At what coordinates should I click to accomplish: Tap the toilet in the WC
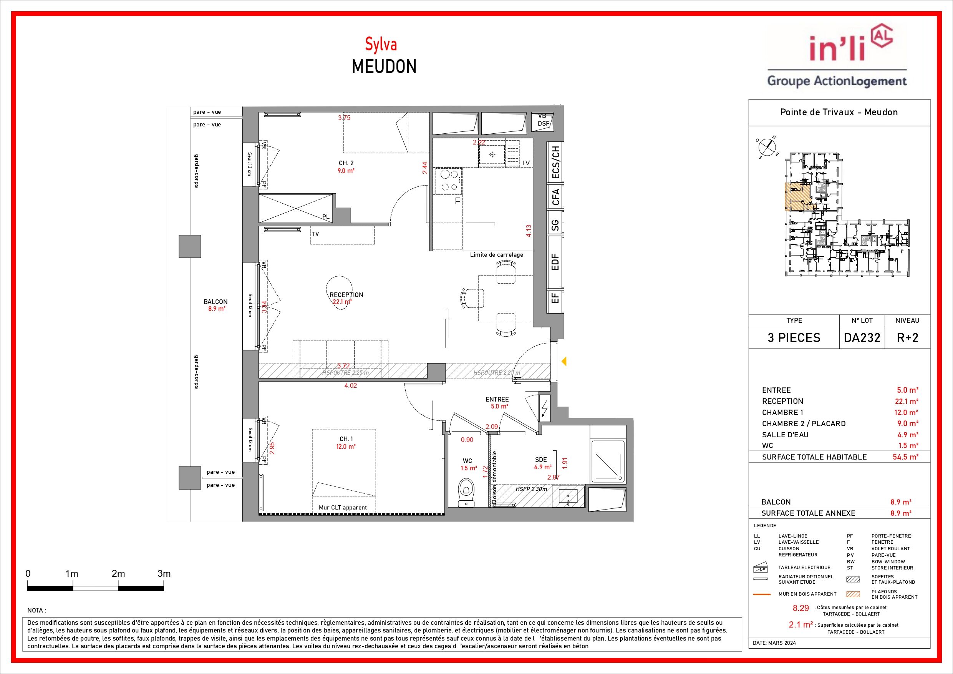pos(467,493)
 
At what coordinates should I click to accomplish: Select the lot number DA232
pos(862,338)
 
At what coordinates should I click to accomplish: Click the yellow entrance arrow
pos(564,361)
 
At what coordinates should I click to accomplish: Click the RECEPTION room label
pos(346,295)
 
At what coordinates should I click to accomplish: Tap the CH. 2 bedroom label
pos(346,163)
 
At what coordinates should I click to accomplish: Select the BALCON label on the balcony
pos(215,302)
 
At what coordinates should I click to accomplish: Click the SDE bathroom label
pos(541,460)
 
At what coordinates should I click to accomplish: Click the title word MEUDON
pos(384,67)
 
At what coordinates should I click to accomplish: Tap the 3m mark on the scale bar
pos(164,574)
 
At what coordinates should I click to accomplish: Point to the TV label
pos(315,234)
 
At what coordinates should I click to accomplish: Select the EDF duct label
pos(555,262)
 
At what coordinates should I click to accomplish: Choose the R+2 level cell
pos(907,338)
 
